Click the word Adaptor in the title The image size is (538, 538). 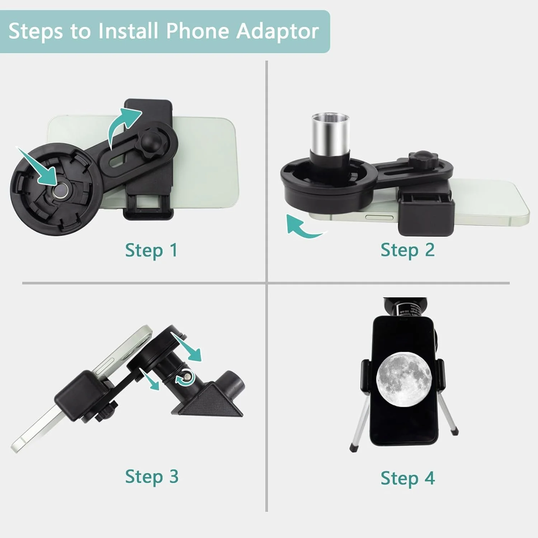coord(277,32)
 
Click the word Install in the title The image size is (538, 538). coord(128,31)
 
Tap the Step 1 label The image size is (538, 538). coord(151,250)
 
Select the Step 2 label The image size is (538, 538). coord(407,250)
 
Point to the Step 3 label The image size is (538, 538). coord(152,477)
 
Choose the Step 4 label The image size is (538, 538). coord(408,478)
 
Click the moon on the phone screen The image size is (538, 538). coord(403,380)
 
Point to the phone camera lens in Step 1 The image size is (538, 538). coord(60,189)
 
